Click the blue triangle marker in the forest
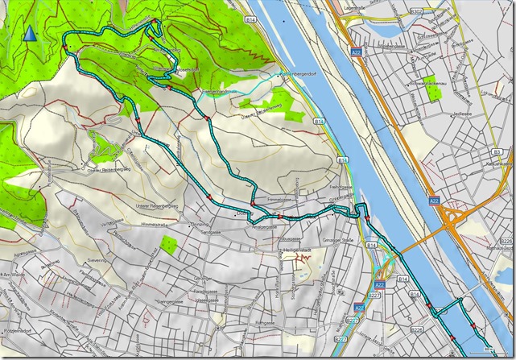tap(31, 33)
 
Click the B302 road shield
tap(415, 12)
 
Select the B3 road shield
tap(497, 152)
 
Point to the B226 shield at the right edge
tap(506, 240)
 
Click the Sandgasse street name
tap(210, 231)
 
